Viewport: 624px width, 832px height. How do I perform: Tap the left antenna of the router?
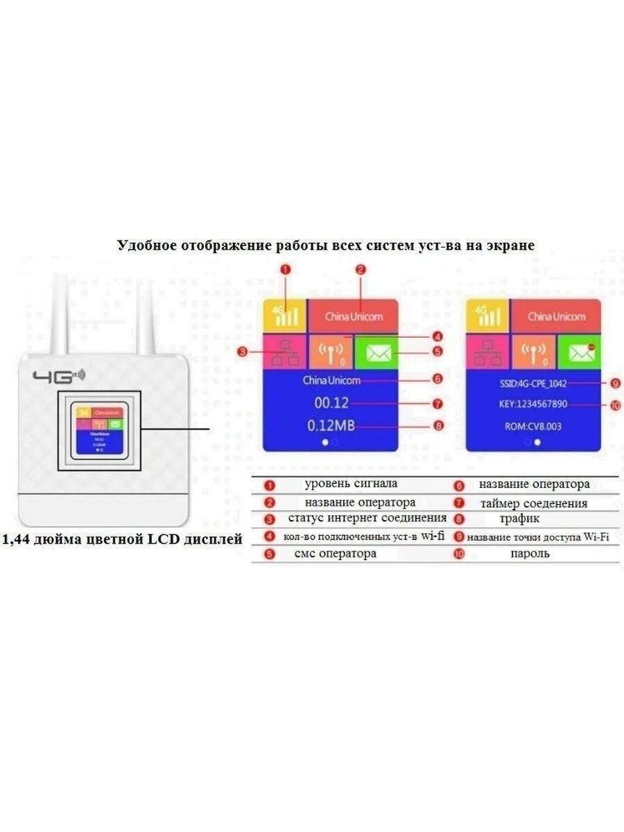click(60, 312)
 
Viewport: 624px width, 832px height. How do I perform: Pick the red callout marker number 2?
click(361, 270)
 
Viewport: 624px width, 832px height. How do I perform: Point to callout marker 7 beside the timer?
click(437, 403)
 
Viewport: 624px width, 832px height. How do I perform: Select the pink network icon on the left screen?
click(283, 353)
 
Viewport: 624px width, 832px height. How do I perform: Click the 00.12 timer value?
click(331, 403)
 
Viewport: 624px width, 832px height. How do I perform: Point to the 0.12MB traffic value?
click(331, 425)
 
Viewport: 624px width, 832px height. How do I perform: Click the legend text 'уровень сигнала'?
click(351, 484)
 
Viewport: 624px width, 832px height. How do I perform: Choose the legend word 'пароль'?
click(530, 553)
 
